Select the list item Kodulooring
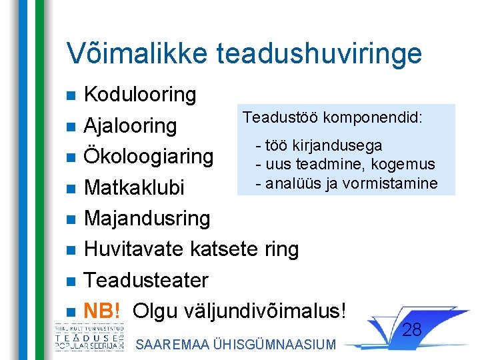coord(140,95)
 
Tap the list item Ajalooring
coord(130,125)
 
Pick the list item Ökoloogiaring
coord(148,157)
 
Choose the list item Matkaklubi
coord(133,187)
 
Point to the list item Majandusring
coord(147,218)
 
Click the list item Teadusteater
coord(146,280)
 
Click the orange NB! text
coord(102,311)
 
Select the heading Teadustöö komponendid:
coord(332,118)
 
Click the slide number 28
coord(413,329)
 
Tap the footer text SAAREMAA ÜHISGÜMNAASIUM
coord(235,344)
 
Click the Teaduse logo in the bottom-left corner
coord(89,337)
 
